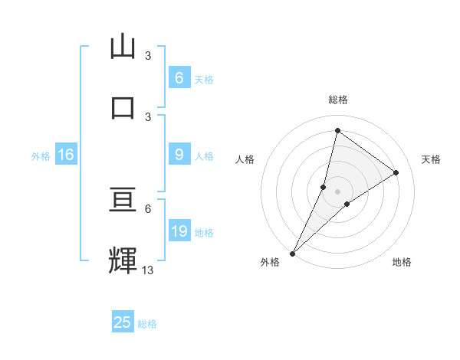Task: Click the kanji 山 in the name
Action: coord(123,47)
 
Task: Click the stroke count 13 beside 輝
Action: coord(148,270)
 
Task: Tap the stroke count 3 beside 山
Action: coord(148,56)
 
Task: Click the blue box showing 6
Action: coord(179,77)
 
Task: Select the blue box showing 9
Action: coord(179,155)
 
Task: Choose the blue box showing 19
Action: coord(179,231)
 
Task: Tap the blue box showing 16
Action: coord(66,155)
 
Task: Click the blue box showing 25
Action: coord(123,322)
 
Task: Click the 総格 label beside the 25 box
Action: coord(147,324)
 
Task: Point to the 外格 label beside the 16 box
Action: coord(41,156)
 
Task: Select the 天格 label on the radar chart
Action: coord(432,159)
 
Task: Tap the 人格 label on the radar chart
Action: coord(245,159)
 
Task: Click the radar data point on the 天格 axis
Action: coord(396,172)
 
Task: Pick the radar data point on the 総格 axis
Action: coord(337,130)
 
